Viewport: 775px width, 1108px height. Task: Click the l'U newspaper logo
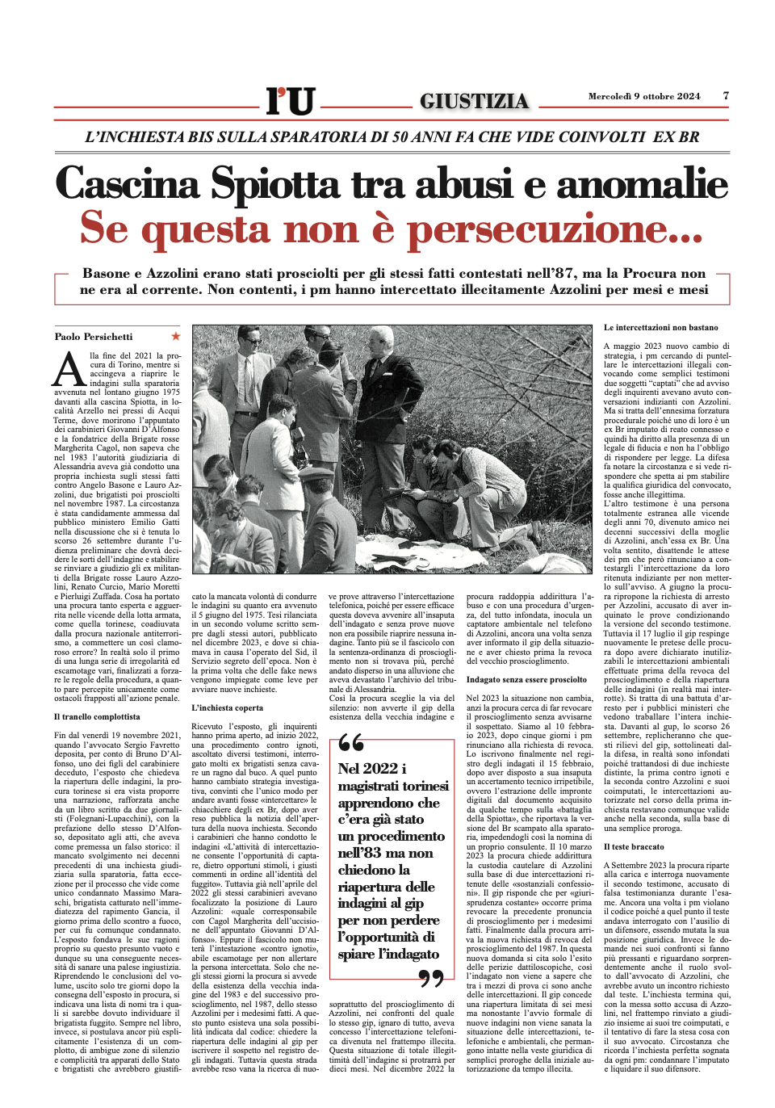(290, 101)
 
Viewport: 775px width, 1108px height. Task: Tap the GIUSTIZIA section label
(474, 101)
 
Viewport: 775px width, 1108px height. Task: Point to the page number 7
(726, 95)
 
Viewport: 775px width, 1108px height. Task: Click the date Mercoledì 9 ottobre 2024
(643, 96)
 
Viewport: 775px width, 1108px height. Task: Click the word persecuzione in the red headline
(554, 229)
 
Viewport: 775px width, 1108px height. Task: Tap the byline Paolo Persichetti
(94, 337)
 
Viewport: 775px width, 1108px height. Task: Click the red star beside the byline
(176, 336)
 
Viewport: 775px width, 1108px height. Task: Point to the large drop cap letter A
(70, 370)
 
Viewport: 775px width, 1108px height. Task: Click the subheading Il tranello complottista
(97, 716)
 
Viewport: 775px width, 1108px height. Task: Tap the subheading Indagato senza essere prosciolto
(526, 680)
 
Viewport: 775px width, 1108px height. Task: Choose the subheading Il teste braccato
(634, 846)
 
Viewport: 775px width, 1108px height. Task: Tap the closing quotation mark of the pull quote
(431, 980)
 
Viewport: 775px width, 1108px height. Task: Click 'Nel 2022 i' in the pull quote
(372, 768)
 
